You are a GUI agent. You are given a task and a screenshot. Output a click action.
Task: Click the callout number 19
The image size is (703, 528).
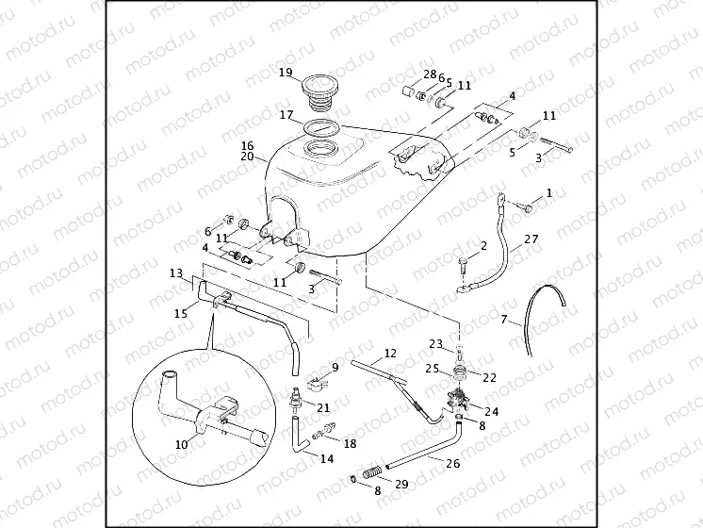[x=286, y=73]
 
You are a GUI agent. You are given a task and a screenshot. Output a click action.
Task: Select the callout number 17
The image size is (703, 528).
[x=286, y=116]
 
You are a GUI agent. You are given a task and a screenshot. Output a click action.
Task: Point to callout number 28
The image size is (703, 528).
[x=430, y=74]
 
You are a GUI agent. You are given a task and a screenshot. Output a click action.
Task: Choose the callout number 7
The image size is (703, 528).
[x=504, y=322]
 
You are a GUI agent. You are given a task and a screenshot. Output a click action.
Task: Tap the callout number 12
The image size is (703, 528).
[x=388, y=355]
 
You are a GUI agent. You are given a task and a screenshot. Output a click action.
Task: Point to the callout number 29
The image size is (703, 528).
[x=401, y=484]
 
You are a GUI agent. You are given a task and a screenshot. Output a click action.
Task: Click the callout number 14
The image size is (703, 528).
[x=326, y=459]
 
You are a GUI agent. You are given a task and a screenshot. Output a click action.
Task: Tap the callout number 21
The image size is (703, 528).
[x=323, y=407]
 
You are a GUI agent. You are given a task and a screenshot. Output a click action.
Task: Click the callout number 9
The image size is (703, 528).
[x=334, y=367]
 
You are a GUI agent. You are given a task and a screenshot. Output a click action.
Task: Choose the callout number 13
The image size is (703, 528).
[x=175, y=272]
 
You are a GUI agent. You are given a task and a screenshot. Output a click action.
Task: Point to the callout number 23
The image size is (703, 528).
[x=436, y=344]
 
